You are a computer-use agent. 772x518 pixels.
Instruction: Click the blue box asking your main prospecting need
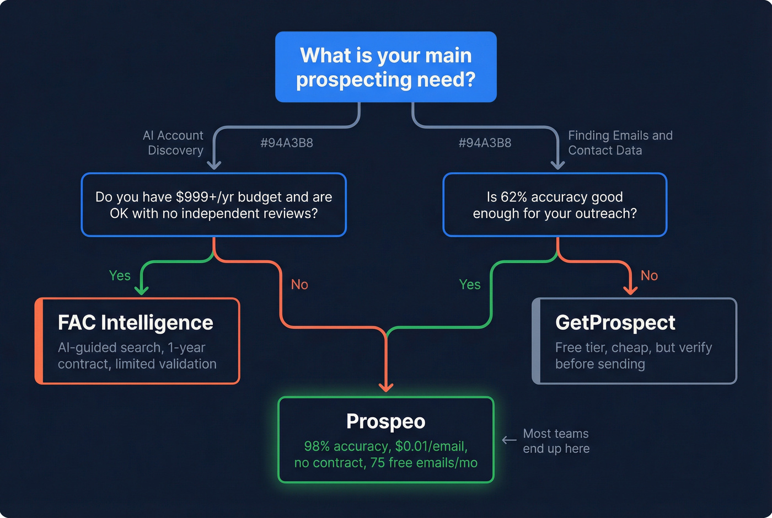pos(386,67)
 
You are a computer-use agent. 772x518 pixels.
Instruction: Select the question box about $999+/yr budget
pos(214,205)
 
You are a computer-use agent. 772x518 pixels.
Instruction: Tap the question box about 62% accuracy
pos(555,205)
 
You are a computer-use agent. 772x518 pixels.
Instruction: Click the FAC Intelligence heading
pos(136,323)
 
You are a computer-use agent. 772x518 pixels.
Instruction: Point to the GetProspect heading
pos(615,323)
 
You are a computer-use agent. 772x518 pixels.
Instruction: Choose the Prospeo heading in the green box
pos(386,421)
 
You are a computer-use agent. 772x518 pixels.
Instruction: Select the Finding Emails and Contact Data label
pos(620,143)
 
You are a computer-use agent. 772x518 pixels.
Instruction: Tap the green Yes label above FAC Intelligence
pos(120,275)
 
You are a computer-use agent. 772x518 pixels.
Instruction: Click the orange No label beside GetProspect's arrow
pos(649,275)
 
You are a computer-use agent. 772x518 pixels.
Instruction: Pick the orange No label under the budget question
pos(299,285)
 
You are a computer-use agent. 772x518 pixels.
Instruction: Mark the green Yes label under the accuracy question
pos(470,285)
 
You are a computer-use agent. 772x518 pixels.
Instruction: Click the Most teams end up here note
pos(556,441)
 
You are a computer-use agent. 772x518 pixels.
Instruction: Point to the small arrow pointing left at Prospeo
pos(509,440)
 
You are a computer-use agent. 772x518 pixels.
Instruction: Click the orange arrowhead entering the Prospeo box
pos(386,387)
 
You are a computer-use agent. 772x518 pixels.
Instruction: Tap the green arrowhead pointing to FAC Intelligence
pos(142,290)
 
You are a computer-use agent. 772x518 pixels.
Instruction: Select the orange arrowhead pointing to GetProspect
pos(630,290)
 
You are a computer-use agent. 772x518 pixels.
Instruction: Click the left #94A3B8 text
pos(287,143)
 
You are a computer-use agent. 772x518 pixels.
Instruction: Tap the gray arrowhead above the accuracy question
pos(558,165)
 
